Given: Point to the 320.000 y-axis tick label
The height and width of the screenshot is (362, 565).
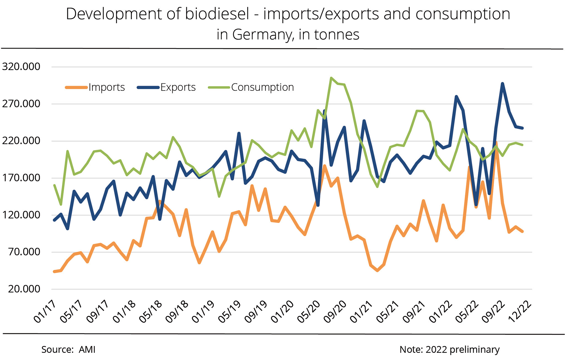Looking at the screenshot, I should (21, 67).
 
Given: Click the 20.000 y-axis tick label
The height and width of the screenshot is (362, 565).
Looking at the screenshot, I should (24, 289).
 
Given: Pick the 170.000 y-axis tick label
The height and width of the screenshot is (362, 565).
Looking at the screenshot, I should (21, 178).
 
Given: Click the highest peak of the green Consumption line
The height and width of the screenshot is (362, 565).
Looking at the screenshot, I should (331, 78).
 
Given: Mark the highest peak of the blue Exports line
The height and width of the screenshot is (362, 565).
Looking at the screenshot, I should (502, 83).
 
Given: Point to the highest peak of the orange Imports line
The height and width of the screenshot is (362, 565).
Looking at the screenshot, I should (496, 143).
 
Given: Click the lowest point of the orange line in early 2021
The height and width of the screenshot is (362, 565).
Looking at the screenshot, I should (377, 271).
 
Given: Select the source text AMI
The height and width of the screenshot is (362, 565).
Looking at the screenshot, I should (87, 350).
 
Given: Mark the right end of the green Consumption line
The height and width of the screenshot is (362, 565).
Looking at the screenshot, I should (523, 145).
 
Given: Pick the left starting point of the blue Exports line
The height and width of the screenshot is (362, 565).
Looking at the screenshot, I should (54, 220).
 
